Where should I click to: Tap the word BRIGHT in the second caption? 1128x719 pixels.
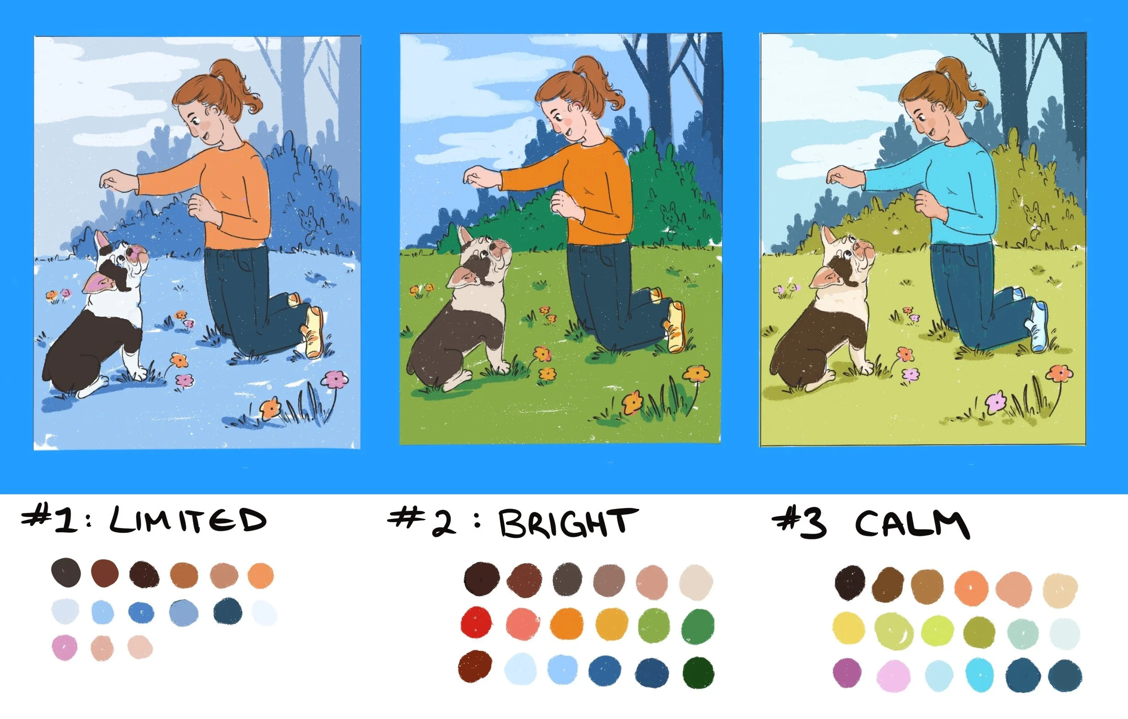(568, 523)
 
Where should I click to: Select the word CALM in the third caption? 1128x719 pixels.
(912, 524)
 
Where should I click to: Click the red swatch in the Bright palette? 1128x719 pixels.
(476, 622)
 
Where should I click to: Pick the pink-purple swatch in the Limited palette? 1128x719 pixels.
(64, 648)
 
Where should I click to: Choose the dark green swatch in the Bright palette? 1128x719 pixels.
(698, 673)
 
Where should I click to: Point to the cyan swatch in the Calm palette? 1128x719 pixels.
(980, 675)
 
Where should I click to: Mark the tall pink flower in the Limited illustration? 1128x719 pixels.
(335, 379)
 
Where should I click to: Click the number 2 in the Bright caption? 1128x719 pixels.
(443, 524)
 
